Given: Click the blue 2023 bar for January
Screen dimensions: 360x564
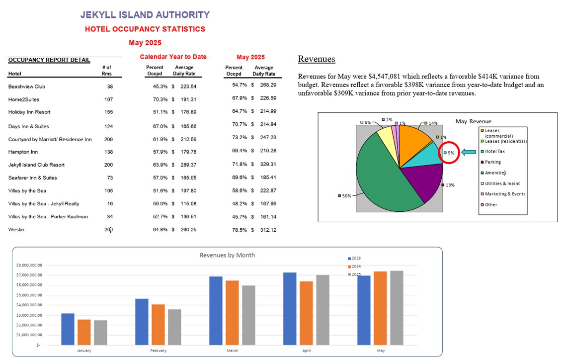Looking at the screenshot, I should pos(68,329).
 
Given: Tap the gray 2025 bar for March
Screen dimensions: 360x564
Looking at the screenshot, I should pos(248,315).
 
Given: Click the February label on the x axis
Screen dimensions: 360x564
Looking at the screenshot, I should pos(158,351).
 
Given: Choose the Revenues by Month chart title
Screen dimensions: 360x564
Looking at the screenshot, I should pos(227,255).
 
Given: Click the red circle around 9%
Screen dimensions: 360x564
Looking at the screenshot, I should pos(449,153).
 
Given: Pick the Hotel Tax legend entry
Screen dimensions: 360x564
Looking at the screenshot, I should pos(494,151).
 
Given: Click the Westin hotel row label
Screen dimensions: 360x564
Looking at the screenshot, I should pos(16,230).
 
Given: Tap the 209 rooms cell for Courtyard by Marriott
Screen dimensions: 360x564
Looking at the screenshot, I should pos(108,139).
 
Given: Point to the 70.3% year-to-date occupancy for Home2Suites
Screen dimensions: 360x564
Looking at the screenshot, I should pos(161,99).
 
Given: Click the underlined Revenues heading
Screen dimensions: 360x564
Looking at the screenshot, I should pos(317,59).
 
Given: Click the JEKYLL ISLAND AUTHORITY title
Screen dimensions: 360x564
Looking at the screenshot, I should pos(145,15).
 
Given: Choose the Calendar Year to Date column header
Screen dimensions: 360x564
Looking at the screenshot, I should pos(173,57).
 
